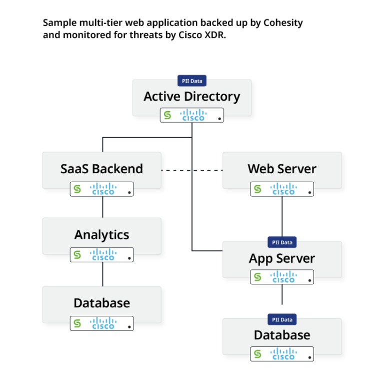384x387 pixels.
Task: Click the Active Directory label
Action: point(191,97)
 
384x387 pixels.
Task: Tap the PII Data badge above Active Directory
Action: point(192,81)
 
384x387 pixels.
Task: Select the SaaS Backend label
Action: point(101,169)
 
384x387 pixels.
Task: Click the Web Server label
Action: point(281,169)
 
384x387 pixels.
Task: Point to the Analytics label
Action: point(101,235)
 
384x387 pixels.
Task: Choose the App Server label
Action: point(281,258)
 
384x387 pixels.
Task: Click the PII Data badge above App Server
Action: point(282,242)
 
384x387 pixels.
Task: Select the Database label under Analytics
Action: point(101,303)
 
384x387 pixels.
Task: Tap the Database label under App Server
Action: point(281,335)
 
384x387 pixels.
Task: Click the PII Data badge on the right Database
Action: point(282,319)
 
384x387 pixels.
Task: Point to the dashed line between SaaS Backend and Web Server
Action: point(192,170)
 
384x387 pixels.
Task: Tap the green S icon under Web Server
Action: point(257,189)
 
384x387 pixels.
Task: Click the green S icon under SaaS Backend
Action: point(77,189)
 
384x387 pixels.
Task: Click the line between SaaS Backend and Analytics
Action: point(102,207)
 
